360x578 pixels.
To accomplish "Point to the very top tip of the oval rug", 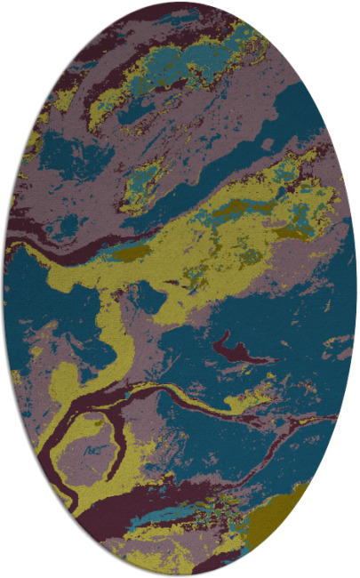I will click(180, 3).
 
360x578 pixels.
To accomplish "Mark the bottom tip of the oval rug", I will click(180, 575).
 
